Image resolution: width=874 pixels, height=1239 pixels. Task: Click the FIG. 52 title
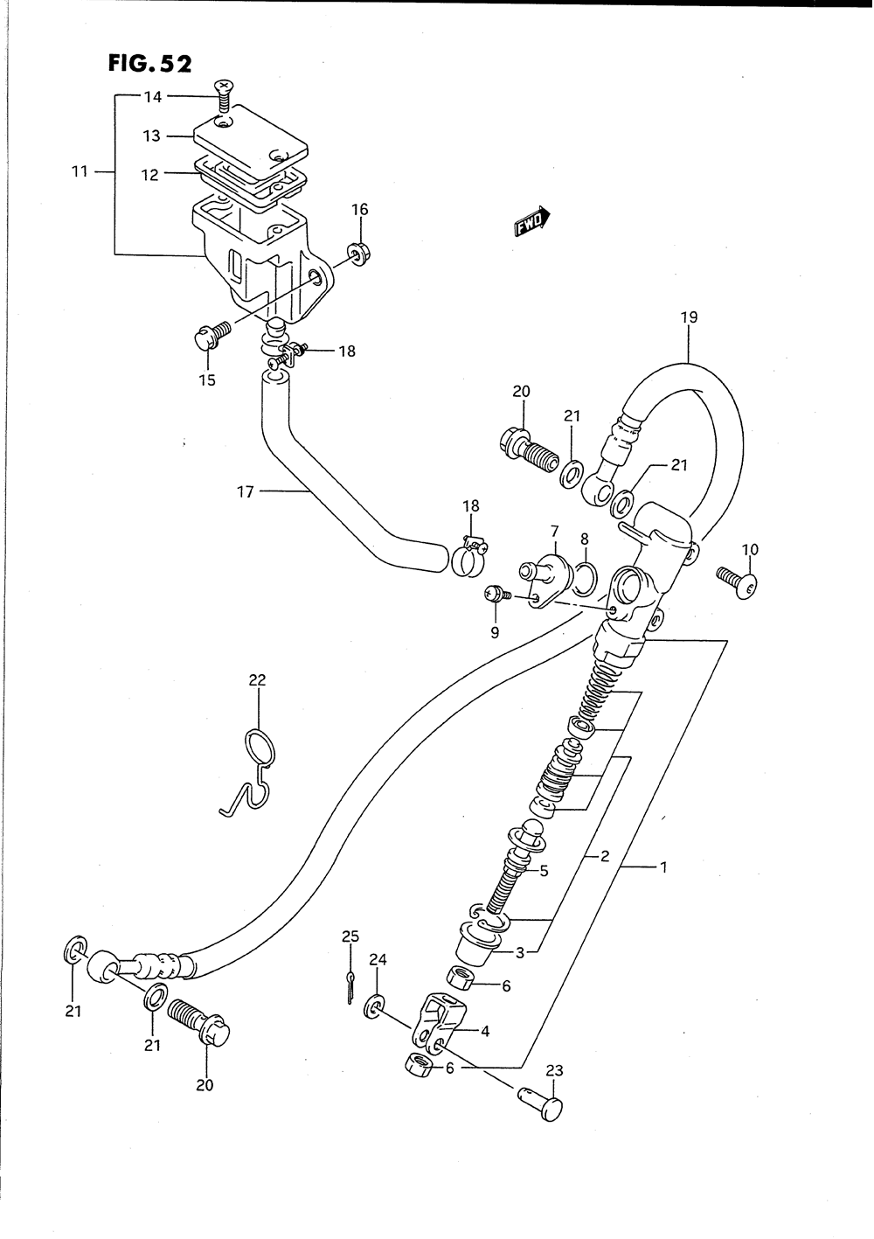point(149,64)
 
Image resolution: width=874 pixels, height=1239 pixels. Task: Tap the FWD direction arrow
point(531,223)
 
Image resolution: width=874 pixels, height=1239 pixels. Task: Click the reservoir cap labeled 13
point(247,137)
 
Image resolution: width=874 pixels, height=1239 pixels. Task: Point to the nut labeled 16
point(357,253)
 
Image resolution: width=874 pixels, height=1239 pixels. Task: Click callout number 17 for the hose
point(245,492)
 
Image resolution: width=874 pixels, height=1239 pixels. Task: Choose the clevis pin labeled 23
point(542,1103)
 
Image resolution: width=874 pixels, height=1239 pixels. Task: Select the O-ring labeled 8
point(585,577)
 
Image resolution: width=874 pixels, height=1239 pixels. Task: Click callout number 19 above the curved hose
point(689,317)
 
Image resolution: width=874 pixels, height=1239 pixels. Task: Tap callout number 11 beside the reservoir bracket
point(80,171)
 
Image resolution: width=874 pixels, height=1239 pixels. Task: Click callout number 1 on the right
point(663,867)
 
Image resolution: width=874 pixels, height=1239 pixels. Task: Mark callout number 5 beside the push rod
point(543,870)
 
